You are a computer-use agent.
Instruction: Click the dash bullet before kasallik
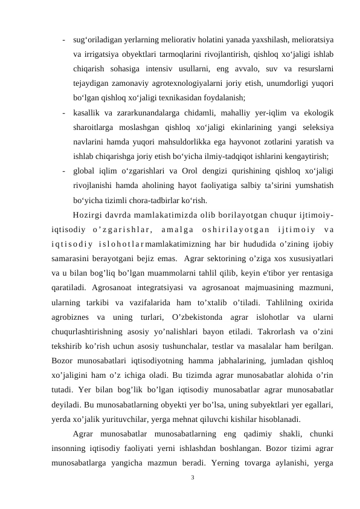pos(63,112)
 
